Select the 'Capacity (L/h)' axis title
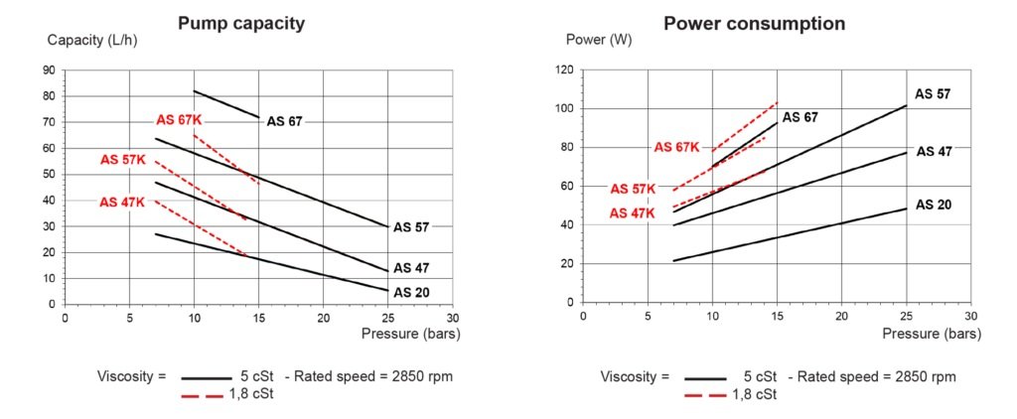91,41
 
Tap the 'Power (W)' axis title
597,41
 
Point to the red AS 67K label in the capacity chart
179,119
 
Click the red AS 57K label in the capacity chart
123,160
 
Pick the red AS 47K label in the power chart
633,212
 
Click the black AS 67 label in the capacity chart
284,121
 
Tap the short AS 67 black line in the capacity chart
226,104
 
